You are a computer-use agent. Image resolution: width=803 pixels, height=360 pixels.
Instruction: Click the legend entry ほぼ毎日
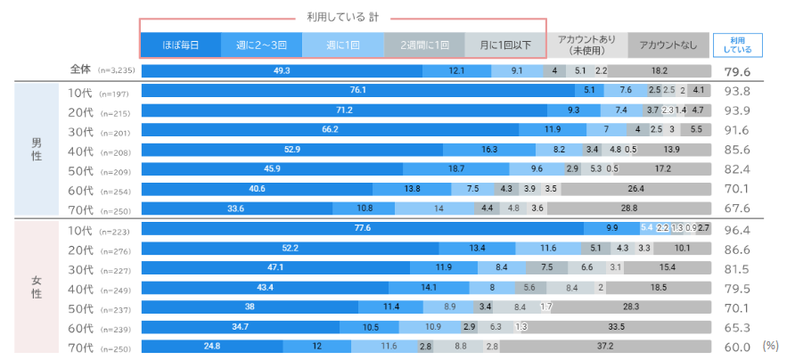pos(180,45)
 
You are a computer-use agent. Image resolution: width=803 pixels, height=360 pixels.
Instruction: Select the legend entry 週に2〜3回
pos(262,45)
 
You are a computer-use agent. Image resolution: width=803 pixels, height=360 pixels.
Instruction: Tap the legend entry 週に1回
pos(344,45)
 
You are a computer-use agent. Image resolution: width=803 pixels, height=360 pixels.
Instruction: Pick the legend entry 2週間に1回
pos(424,45)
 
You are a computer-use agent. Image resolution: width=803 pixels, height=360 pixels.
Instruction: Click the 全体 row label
pos(81,69)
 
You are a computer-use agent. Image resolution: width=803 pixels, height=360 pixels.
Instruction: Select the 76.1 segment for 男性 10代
pos(358,90)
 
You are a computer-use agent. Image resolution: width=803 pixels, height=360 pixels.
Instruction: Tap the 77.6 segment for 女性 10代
pos(362,228)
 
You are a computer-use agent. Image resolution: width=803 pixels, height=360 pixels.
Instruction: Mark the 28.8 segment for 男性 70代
pos(628,208)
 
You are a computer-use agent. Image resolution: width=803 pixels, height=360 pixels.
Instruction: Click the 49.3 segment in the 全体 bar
pos(282,70)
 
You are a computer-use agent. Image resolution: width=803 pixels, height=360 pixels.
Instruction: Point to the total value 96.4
pos(735,228)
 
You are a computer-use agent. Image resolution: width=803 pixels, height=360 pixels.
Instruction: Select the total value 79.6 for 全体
pos(736,71)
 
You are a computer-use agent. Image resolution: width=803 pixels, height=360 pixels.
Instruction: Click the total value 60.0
pos(735,346)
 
